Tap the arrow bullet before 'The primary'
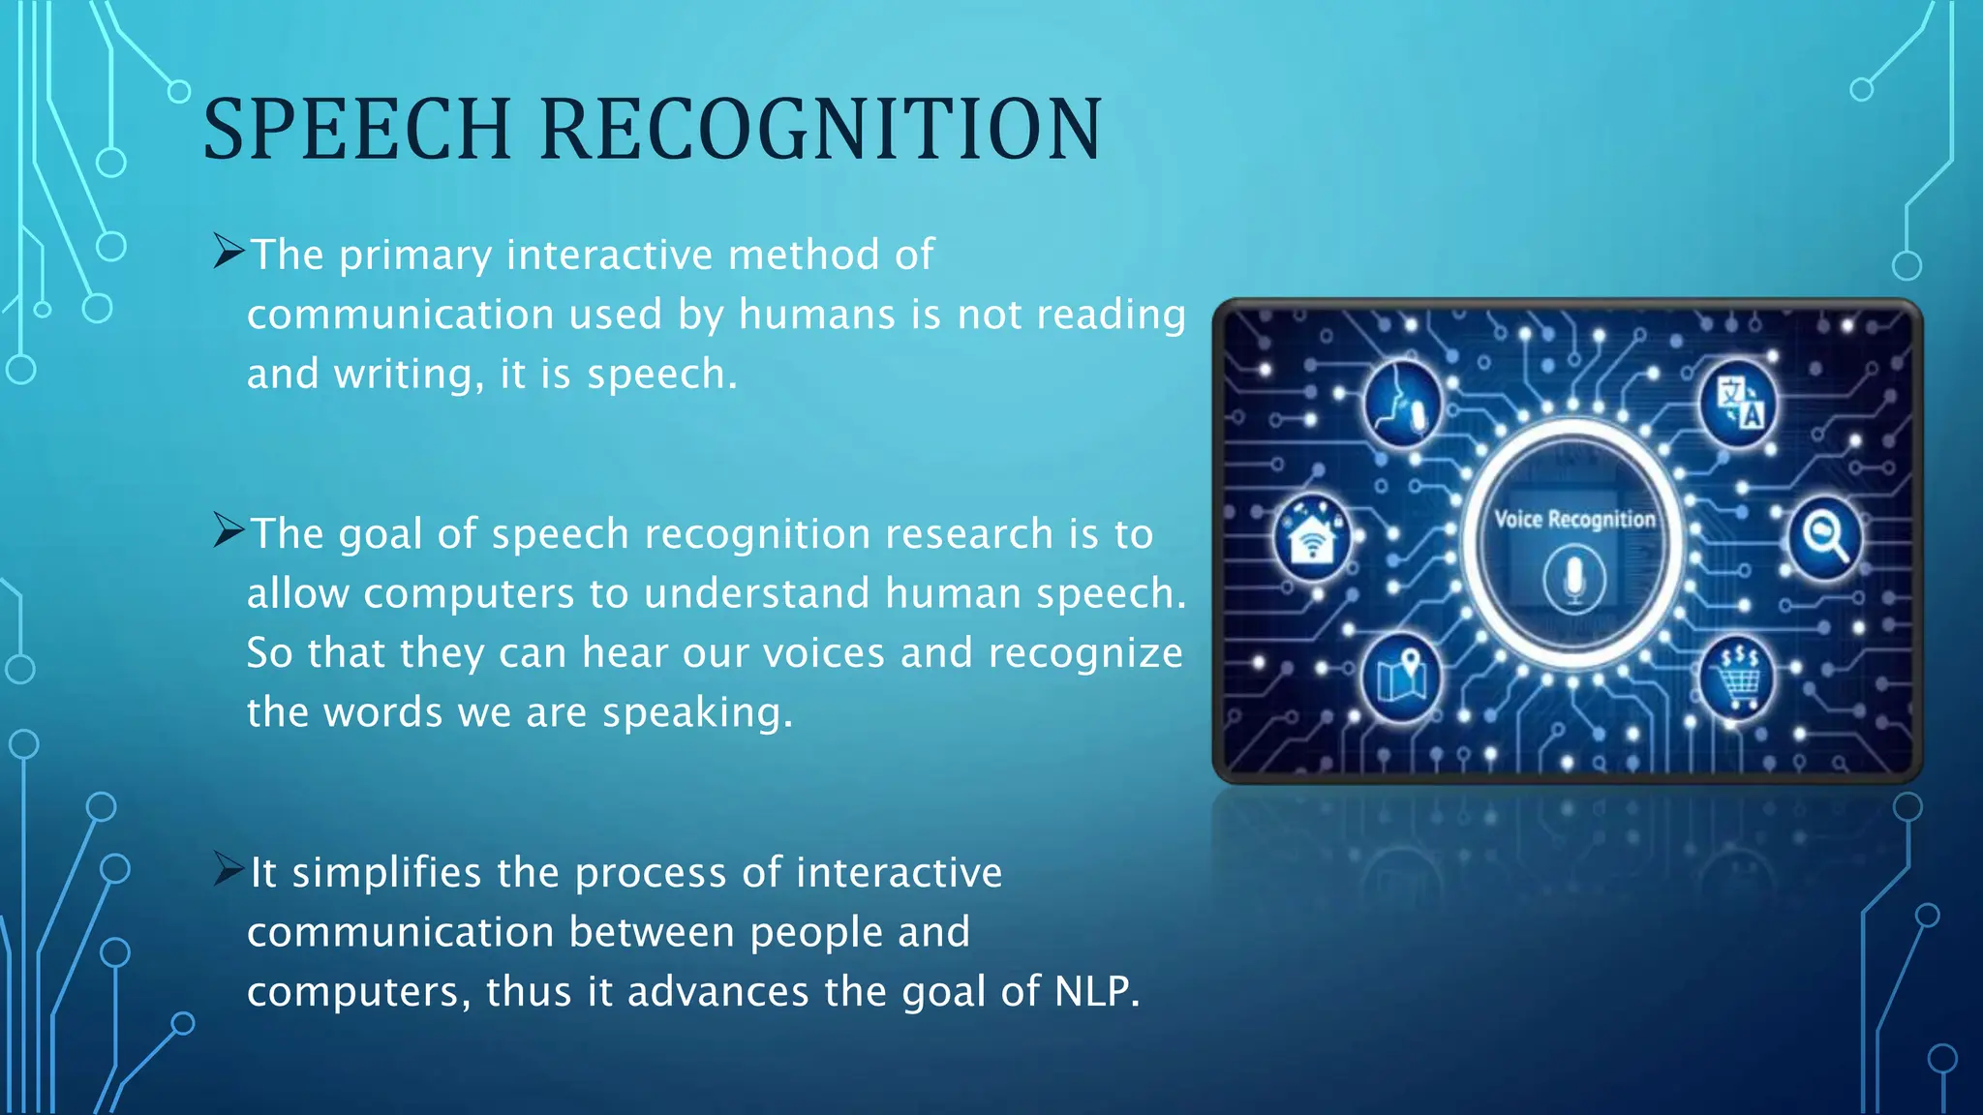coord(229,252)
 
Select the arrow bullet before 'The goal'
coord(229,530)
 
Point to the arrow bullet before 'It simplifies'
coord(229,869)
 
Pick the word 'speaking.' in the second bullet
coord(697,713)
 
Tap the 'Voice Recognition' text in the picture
coord(1574,520)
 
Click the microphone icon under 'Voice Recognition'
coord(1574,580)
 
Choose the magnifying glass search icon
coord(1825,536)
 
